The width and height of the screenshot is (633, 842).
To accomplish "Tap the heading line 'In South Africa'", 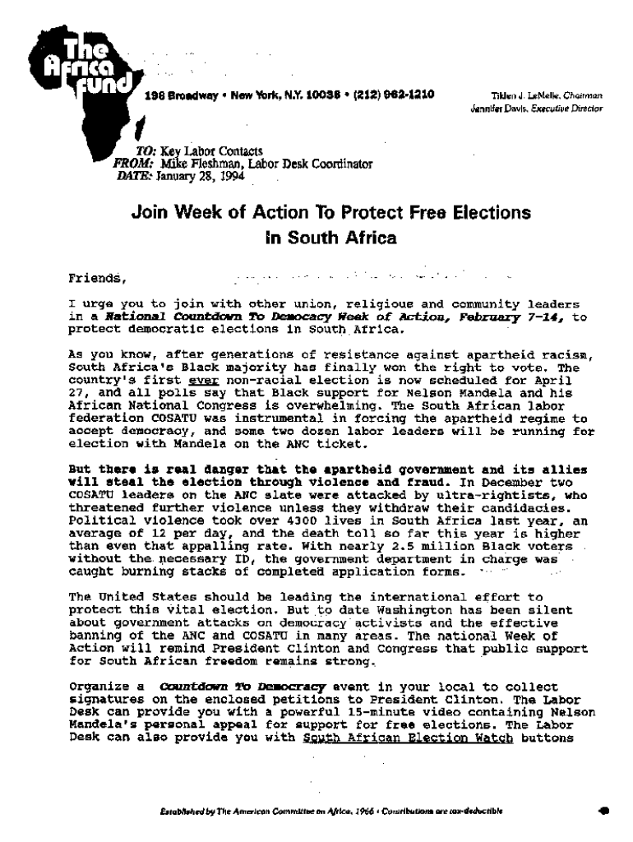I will (x=330, y=239).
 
